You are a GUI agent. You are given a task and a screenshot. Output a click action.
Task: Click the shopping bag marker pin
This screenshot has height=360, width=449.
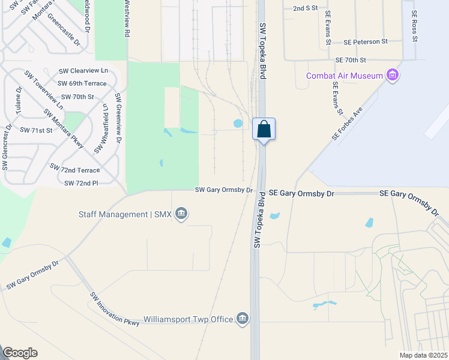click(x=264, y=130)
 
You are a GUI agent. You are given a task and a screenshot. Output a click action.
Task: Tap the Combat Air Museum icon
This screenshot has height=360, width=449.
click(x=393, y=76)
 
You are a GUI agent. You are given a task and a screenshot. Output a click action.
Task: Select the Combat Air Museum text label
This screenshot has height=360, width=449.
click(x=344, y=76)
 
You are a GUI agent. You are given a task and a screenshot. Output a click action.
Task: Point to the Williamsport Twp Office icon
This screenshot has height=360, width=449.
click(x=242, y=319)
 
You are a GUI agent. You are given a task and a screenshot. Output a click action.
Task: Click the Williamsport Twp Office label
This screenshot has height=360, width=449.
click(x=188, y=319)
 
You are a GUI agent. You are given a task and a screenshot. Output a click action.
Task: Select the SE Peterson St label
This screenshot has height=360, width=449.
click(x=366, y=42)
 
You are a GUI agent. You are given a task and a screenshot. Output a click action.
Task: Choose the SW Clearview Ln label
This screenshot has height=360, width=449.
click(x=83, y=70)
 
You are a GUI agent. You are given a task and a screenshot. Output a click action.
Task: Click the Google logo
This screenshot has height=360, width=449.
click(x=20, y=353)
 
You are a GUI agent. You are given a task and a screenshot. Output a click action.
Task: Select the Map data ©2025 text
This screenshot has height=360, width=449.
click(x=423, y=355)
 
